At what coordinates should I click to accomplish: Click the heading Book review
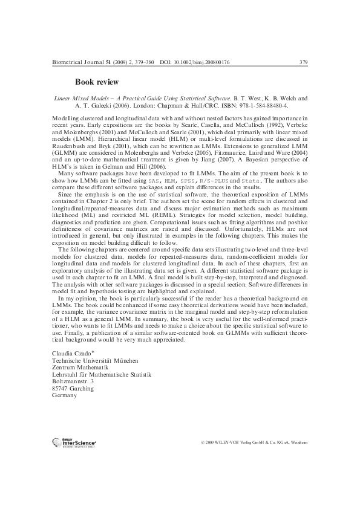click(97, 82)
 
